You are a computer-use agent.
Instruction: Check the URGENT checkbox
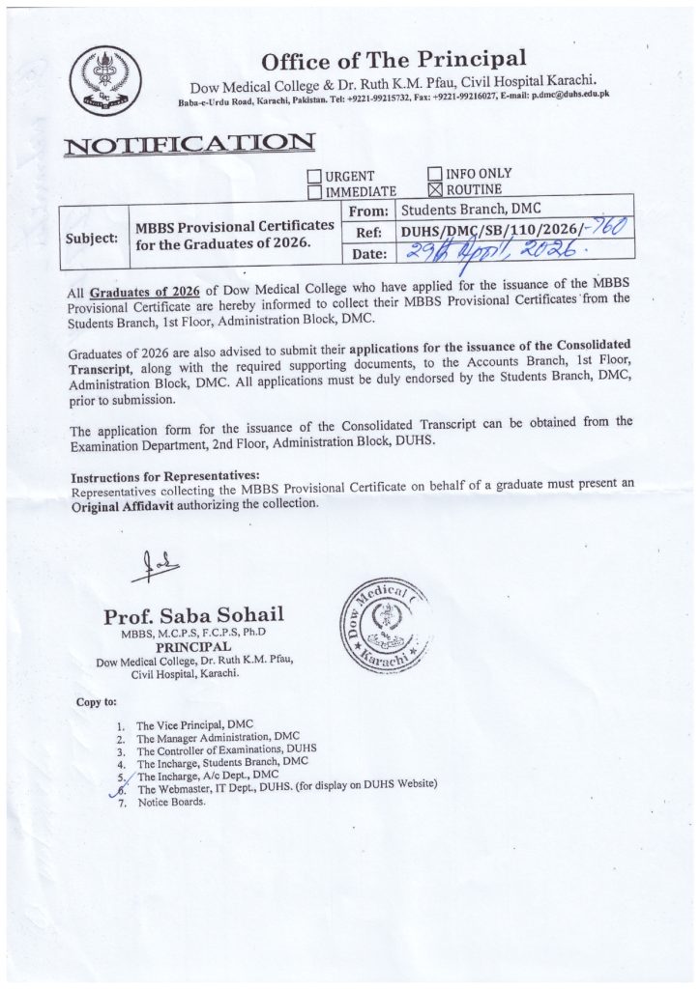(x=313, y=176)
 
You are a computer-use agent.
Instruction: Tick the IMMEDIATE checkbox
(x=313, y=192)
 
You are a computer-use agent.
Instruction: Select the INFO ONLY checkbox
(x=435, y=174)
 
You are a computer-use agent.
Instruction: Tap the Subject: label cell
(x=92, y=235)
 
